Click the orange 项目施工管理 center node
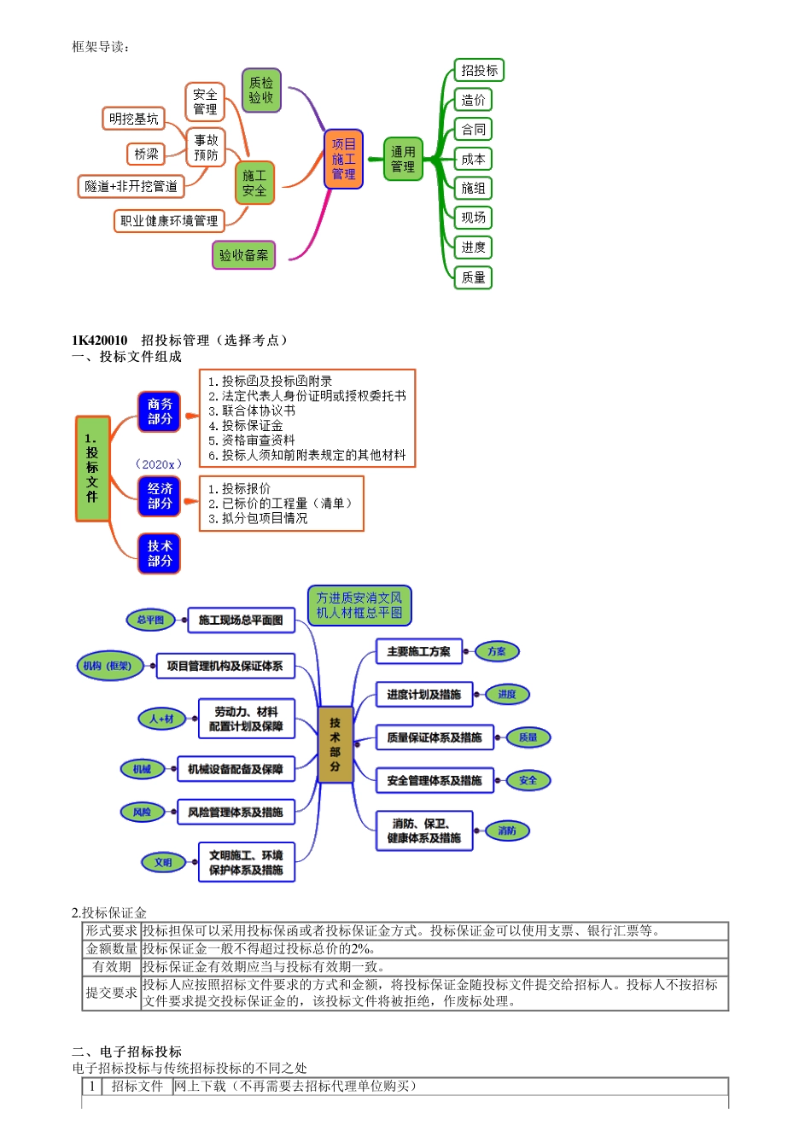[343, 160]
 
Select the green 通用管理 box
[403, 160]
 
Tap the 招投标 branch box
[479, 71]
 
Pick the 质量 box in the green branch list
[473, 277]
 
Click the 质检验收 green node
[261, 90]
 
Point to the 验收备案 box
[243, 255]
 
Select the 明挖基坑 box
[133, 119]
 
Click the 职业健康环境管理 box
[169, 221]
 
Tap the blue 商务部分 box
[160, 411]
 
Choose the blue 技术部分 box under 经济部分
[160, 553]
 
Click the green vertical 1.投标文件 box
[92, 468]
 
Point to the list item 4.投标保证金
[252, 426]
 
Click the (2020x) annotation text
[159, 464]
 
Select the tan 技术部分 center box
[335, 744]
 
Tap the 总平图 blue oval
[150, 621]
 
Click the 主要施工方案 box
[418, 652]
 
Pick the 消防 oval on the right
[507, 830]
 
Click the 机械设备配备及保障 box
[236, 769]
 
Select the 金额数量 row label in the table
[111, 949]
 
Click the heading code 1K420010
[100, 341]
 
